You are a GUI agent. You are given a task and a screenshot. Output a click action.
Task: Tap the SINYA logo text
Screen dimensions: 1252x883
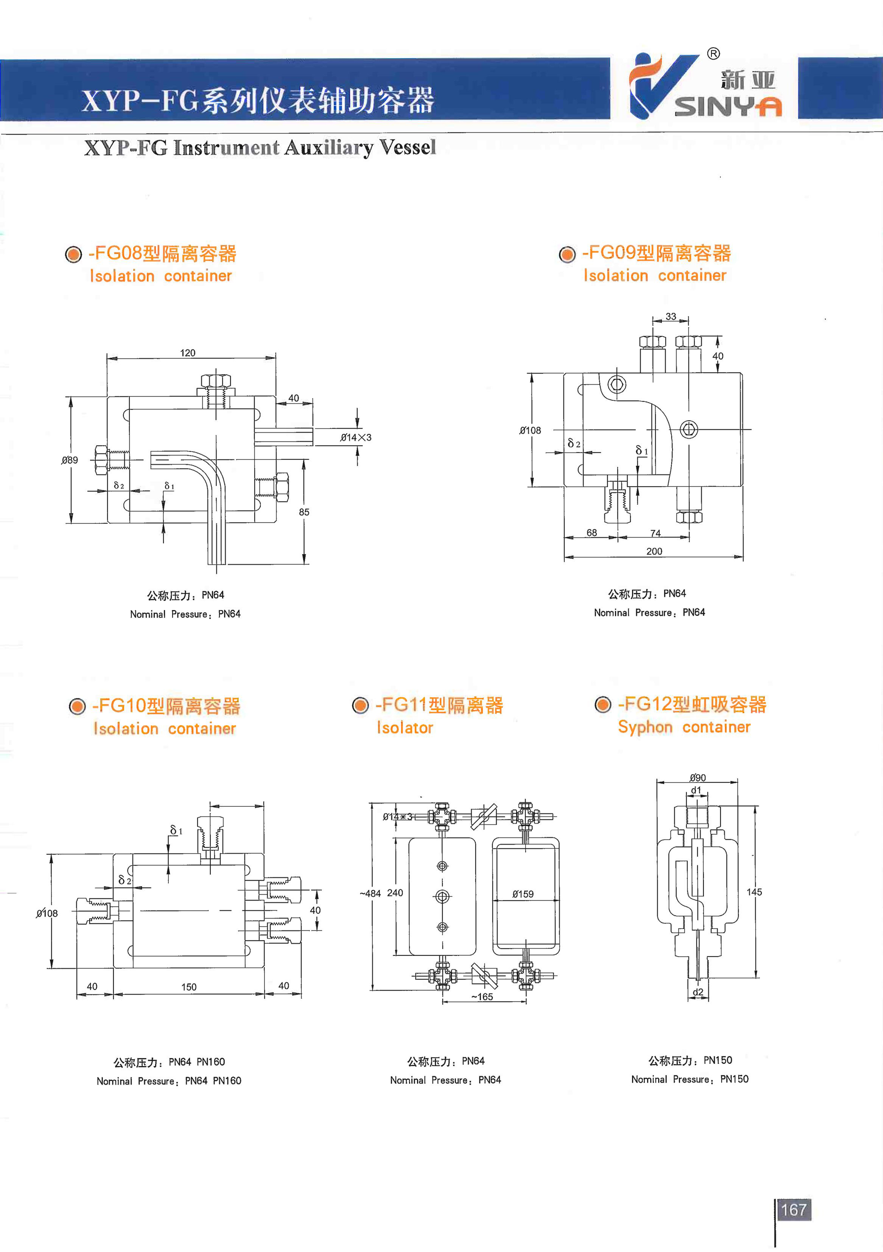click(x=728, y=106)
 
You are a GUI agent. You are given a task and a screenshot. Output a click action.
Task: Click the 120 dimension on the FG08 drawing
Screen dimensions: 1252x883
click(x=188, y=353)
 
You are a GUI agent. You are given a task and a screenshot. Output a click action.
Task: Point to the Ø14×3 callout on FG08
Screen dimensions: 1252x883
click(x=355, y=437)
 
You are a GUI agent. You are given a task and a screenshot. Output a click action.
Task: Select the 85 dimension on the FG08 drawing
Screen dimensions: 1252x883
click(x=304, y=512)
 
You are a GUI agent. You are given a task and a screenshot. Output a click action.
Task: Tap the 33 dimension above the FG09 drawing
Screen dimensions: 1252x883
click(x=670, y=316)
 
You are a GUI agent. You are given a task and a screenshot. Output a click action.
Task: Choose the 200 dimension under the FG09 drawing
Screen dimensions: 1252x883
click(x=654, y=551)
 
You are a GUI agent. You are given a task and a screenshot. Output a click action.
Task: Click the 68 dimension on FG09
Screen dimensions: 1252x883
click(x=591, y=533)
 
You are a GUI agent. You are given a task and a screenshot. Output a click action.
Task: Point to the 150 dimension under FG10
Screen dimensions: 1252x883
click(x=189, y=987)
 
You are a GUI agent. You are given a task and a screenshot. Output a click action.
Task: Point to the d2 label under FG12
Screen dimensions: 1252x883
click(x=698, y=992)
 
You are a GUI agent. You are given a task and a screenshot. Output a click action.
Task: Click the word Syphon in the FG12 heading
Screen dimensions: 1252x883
click(x=645, y=728)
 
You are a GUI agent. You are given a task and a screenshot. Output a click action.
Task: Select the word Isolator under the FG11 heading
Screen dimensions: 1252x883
click(x=405, y=728)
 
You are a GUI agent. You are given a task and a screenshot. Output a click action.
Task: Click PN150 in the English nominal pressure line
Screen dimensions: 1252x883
click(x=734, y=1079)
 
